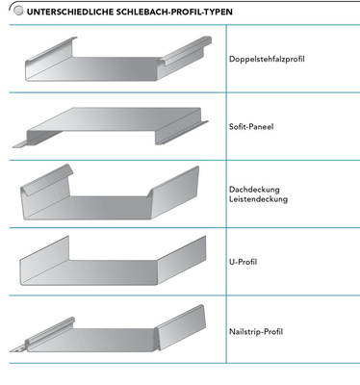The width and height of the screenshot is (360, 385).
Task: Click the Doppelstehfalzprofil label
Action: point(267,59)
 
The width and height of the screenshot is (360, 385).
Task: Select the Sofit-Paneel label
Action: point(251,127)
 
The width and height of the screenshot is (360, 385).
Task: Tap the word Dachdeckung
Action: point(254,190)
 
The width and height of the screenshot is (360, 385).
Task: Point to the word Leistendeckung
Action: point(258,199)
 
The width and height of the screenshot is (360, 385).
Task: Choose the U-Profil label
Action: point(243,262)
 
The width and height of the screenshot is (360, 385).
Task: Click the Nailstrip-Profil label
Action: point(256,331)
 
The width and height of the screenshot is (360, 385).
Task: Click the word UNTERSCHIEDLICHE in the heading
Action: point(70,13)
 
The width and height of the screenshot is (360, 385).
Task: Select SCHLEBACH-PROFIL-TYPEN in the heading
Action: point(174,13)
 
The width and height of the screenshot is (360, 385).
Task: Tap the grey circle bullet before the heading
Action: point(19,12)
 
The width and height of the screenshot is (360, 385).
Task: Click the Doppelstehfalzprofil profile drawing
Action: point(118,59)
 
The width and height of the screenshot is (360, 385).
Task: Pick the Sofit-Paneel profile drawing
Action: point(111,127)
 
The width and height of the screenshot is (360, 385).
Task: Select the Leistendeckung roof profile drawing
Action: point(110,192)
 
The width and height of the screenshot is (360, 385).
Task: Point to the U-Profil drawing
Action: point(113,261)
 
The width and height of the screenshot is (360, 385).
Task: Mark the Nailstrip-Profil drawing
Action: point(108,328)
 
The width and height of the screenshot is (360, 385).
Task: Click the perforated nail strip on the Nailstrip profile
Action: point(17,349)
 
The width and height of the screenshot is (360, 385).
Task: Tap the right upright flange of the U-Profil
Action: point(182,261)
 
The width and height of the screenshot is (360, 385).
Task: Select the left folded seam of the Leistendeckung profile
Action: point(47,180)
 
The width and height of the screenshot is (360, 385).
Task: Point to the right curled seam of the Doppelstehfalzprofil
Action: point(187,51)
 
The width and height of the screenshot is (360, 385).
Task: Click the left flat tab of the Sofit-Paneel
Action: point(19,144)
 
